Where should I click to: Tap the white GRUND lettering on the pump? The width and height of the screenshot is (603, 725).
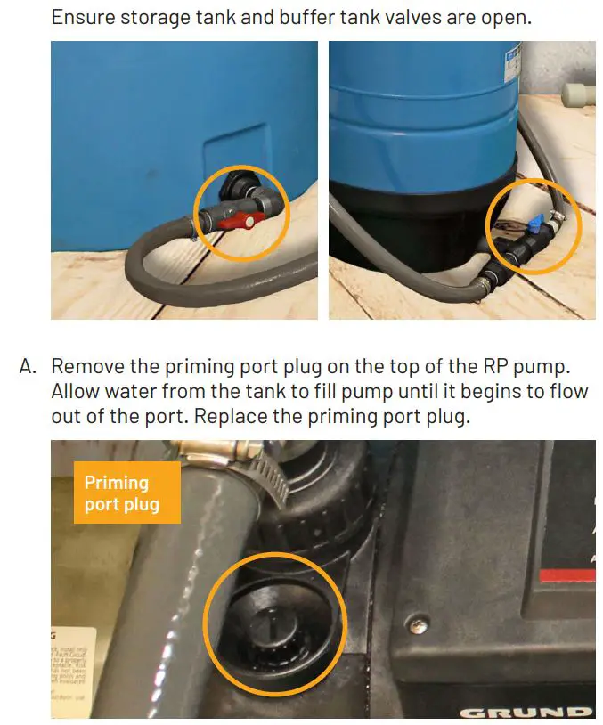[x=526, y=713]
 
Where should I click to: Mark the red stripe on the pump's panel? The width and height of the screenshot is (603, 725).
[x=570, y=576]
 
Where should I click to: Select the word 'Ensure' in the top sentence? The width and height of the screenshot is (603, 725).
[x=83, y=17]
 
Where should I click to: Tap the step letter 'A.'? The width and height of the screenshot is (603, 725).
[x=29, y=366]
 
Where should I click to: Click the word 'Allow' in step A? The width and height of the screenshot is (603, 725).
[x=77, y=391]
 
